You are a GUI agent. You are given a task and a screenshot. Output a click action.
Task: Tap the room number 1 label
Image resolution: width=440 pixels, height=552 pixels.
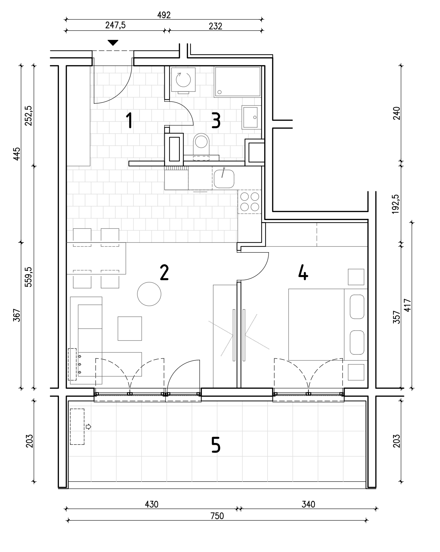point(129,121)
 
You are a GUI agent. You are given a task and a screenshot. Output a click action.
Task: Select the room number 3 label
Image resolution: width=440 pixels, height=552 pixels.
point(216,121)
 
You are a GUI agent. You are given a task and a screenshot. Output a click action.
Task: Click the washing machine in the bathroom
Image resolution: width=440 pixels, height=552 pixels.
point(183,80)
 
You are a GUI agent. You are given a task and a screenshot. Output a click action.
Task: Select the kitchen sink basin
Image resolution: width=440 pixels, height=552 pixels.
point(224,178)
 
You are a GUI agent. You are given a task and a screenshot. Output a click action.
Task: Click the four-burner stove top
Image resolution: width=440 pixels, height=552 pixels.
point(249,202)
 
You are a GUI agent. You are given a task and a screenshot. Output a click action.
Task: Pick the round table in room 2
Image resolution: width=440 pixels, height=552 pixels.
point(149,294)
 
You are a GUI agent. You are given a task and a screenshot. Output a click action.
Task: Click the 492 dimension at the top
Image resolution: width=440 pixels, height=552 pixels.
point(164,15)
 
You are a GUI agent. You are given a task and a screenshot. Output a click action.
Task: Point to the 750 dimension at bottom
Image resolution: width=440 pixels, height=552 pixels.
point(217,516)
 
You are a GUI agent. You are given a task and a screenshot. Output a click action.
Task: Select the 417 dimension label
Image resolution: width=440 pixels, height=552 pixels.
point(408,305)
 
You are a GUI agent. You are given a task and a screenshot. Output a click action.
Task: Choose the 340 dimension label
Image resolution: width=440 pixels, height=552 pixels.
point(308,504)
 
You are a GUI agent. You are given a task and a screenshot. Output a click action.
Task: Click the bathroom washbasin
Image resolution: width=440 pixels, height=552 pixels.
point(250,117)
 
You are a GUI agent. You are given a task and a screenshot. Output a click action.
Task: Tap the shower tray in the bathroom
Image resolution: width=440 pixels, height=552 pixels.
point(237,82)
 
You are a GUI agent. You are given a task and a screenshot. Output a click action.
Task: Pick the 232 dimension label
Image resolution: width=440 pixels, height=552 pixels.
point(215,26)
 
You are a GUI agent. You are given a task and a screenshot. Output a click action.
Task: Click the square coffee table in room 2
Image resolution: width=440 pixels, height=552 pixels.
point(130,329)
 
